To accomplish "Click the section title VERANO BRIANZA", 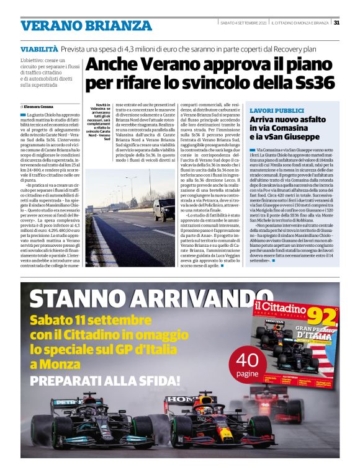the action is (86, 26).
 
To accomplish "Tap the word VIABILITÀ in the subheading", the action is (38, 48).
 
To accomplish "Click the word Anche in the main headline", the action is (112, 64).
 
